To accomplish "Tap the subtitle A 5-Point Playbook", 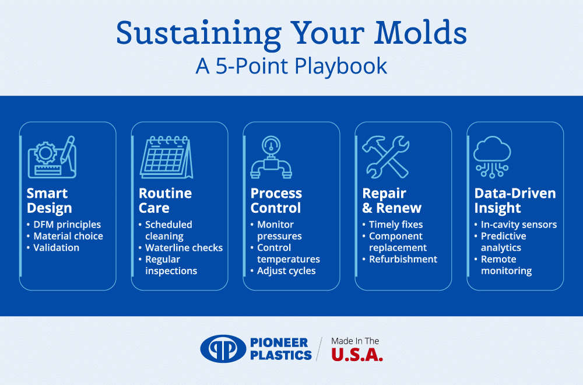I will click(291, 66).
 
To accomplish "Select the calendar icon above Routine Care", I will click(166, 156).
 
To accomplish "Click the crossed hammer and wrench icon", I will click(386, 156).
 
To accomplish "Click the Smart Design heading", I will click(50, 201).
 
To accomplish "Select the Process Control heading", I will click(276, 201).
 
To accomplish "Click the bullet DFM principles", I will click(66, 225).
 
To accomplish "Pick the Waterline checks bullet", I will click(184, 248).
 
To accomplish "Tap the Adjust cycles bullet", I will click(286, 271).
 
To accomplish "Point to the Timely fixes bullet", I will click(396, 225).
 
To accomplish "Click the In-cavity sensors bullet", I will click(518, 225).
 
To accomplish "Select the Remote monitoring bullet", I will click(506, 265).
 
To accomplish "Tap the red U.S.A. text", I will click(357, 355).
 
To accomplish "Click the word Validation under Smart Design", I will click(56, 248).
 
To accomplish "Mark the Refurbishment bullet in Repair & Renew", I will click(403, 259).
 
